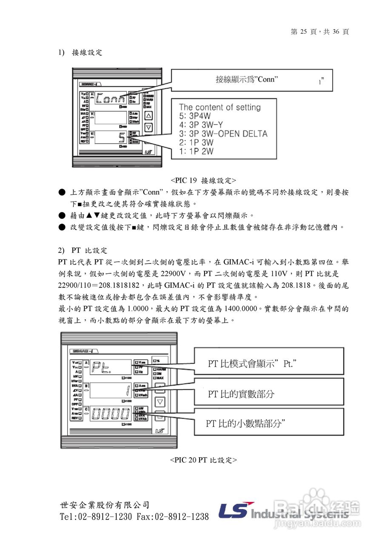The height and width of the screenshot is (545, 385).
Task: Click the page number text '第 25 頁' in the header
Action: pos(303,32)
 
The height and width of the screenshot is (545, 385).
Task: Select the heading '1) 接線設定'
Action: pos(80,52)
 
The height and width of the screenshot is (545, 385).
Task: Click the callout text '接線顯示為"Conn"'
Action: pos(247,79)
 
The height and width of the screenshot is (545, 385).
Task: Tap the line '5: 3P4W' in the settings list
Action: pos(195,116)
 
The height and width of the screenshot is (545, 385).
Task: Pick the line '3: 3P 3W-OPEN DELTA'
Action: pos(223,134)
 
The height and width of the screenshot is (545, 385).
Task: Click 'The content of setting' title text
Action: pos(220,107)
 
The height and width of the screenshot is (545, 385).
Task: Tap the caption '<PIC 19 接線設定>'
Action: pos(204,180)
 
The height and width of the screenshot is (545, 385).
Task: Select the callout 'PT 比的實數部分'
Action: pos(241,394)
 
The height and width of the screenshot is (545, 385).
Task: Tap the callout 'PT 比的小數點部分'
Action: pos(245,423)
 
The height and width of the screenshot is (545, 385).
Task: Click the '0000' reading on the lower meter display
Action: pos(111,413)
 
